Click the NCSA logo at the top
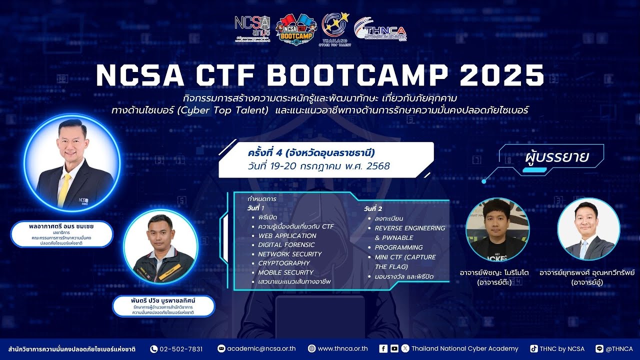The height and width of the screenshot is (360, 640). [252, 27]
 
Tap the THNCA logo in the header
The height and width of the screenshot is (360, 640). [380, 30]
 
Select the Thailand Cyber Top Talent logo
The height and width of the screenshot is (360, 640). [335, 28]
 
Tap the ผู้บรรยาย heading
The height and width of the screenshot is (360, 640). [557, 156]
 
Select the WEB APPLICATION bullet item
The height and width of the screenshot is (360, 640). [287, 235]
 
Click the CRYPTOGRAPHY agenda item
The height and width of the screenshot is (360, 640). [284, 263]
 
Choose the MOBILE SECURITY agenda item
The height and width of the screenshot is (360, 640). [285, 272]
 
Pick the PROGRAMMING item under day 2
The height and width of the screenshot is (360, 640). [398, 247]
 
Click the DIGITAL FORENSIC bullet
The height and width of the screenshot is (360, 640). [286, 245]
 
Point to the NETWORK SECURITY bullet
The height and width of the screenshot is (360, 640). [289, 254]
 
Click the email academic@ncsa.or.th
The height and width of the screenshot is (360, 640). [261, 349]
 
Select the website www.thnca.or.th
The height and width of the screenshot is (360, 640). [342, 349]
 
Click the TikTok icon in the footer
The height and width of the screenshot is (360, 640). [534, 349]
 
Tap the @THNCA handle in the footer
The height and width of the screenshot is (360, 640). [619, 349]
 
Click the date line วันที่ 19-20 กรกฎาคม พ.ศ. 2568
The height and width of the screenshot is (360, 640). [318, 166]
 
